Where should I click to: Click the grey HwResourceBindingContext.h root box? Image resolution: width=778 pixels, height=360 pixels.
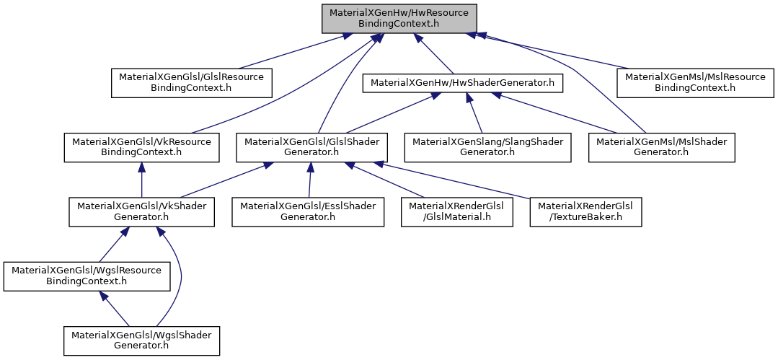point(399,19)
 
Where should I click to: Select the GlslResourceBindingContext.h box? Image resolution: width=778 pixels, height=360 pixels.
point(192,83)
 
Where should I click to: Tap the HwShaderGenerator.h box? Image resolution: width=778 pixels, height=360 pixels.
point(462,83)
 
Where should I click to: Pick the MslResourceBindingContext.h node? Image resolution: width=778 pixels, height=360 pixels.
point(695,83)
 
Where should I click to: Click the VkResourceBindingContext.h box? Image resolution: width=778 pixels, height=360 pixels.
point(141,147)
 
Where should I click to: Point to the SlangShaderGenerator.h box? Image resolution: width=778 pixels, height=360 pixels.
point(487,147)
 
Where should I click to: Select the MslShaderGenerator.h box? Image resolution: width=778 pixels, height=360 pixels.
point(661,147)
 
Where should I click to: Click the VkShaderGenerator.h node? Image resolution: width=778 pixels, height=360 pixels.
point(141,212)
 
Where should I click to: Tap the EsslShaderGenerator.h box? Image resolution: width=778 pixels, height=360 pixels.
point(308,212)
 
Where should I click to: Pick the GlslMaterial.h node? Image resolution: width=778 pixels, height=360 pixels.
point(457,212)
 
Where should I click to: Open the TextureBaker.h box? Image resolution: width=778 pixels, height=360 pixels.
point(585,212)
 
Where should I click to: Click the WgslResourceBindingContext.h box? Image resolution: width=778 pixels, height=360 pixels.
point(87,276)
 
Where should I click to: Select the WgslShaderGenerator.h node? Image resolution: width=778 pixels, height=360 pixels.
point(141,341)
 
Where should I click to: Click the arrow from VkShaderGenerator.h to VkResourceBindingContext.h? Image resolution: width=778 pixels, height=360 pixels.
point(141,180)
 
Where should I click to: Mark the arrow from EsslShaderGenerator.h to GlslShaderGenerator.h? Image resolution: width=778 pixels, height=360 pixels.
point(309,180)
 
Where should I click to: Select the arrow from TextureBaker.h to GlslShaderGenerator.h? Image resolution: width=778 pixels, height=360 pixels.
point(455,180)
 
